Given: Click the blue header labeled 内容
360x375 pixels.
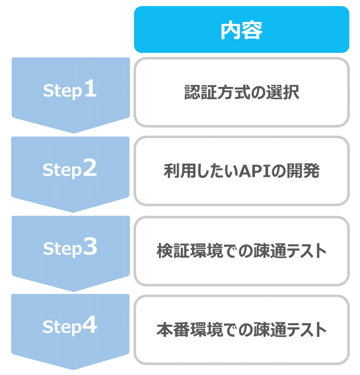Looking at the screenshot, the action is click(x=241, y=29).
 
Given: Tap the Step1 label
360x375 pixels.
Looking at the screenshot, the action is click(x=70, y=89).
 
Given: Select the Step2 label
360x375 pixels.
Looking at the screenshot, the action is click(x=70, y=169).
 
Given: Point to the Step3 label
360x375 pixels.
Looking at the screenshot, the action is click(x=70, y=247).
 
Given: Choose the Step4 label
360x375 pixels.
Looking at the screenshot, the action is click(x=70, y=326).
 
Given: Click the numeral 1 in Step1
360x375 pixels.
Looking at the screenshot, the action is click(x=90, y=88).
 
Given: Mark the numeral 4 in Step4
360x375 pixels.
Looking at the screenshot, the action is click(x=90, y=324).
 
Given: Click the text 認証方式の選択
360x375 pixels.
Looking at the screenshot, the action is click(x=242, y=92).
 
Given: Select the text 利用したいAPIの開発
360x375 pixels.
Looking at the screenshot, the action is click(x=241, y=171).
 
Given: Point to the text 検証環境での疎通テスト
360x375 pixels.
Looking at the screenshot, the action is click(x=241, y=251).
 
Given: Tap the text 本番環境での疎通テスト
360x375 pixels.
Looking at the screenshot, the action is click(x=241, y=330).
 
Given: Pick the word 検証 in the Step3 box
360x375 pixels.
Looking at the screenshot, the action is click(x=173, y=251).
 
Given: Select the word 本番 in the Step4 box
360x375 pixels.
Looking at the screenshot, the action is click(x=173, y=330).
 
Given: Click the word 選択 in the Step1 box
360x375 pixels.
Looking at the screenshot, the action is click(x=283, y=92).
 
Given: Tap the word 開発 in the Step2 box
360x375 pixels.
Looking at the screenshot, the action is click(x=303, y=171).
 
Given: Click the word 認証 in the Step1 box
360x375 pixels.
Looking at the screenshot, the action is click(x=201, y=92).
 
